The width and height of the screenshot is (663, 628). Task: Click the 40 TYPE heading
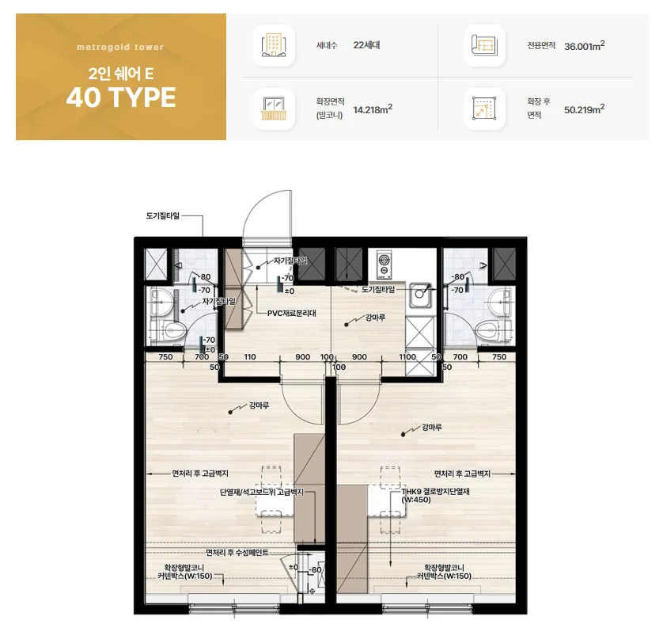coord(121,97)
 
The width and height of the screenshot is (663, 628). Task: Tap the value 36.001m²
coord(585,46)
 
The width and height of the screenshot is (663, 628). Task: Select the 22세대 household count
coord(366,45)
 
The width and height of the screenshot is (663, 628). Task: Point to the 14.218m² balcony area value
coord(373,109)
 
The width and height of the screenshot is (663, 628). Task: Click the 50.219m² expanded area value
coord(585,109)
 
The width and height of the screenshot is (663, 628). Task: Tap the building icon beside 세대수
coord(274,45)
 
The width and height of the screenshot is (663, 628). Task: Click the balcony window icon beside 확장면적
coord(274,108)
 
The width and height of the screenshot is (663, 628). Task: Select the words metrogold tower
coord(120,48)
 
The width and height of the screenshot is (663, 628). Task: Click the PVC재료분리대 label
coord(292,314)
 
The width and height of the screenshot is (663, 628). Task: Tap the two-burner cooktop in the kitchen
coord(384,265)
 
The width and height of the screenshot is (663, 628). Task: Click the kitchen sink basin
coord(420,295)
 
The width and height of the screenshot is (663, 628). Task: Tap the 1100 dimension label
coord(407,356)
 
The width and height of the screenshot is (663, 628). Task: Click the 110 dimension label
coord(250,356)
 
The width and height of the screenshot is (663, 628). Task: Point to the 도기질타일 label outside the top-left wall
coord(163,216)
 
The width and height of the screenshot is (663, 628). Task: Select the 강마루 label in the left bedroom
coord(260,405)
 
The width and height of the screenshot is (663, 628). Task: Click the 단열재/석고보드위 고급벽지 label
coord(261,492)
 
